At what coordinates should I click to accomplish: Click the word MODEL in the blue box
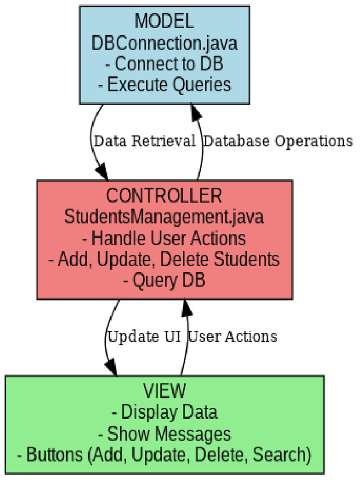[164, 21]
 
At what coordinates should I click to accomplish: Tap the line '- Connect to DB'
[164, 64]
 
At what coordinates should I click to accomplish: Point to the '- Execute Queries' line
[164, 85]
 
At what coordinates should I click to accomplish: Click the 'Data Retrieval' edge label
[144, 141]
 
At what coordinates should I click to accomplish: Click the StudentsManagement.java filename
[164, 217]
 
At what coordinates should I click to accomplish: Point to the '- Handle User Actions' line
[164, 238]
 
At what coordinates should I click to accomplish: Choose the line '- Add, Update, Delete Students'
[164, 259]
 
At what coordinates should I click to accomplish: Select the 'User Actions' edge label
[232, 336]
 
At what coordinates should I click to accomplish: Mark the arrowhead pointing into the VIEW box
[112, 368]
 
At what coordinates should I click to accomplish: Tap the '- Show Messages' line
[164, 434]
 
